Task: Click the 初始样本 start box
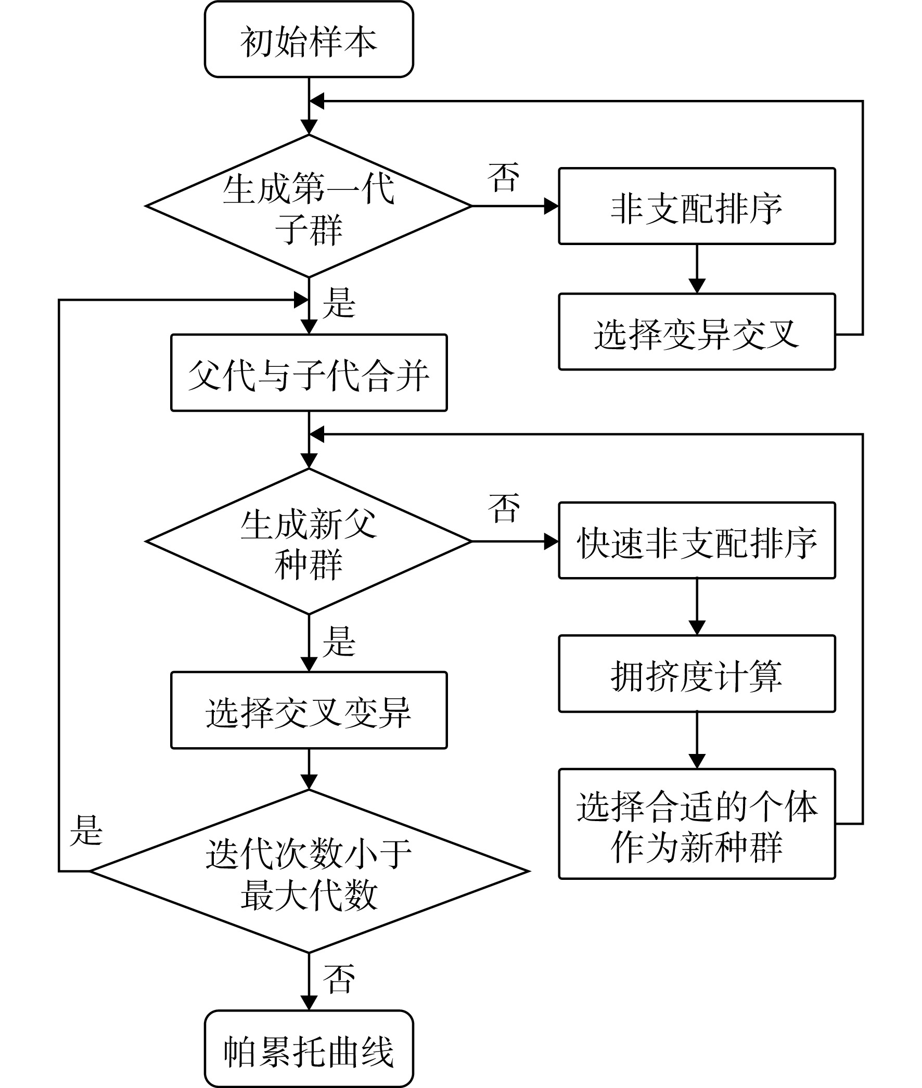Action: (x=309, y=40)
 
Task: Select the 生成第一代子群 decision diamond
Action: (x=309, y=206)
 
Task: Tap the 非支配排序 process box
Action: (x=697, y=206)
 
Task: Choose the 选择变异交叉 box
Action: (x=697, y=332)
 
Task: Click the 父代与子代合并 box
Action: (x=309, y=373)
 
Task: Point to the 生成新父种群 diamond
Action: (x=309, y=541)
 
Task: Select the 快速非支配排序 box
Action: (x=697, y=540)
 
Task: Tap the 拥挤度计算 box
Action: (x=697, y=674)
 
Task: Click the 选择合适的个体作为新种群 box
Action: (x=697, y=824)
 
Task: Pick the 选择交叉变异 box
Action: (x=309, y=710)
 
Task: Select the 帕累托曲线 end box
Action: (x=309, y=1049)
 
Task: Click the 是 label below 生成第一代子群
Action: (x=339, y=303)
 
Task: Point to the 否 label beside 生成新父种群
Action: (x=504, y=507)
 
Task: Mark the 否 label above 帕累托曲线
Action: (x=339, y=979)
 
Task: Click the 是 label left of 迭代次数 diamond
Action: (x=86, y=830)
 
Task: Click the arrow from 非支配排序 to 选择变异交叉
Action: (x=697, y=268)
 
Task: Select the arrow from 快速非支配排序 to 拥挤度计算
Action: (x=697, y=607)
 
